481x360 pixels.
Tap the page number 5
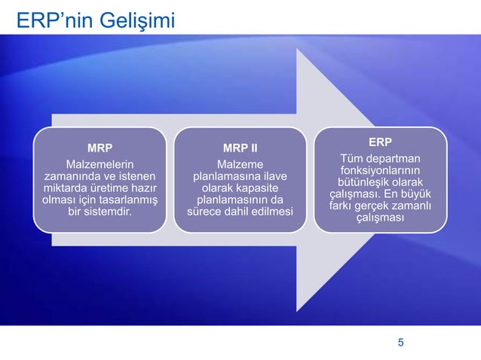point(401,343)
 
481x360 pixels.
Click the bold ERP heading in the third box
point(380,142)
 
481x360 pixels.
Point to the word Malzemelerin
point(100,164)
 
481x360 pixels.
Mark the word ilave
point(274,176)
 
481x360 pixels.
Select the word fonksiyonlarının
point(380,170)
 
